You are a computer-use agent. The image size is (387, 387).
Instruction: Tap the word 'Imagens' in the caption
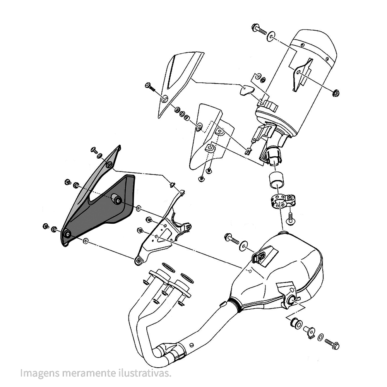coord(40,373)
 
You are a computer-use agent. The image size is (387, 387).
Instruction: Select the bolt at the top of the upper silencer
coord(259,29)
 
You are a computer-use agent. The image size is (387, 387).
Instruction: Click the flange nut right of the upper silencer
coord(336,93)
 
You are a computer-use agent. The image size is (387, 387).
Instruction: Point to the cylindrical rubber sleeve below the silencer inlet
coord(276,181)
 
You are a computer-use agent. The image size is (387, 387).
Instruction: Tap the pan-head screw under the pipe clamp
coord(290,219)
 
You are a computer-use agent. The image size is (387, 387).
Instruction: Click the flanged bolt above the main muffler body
coord(232,239)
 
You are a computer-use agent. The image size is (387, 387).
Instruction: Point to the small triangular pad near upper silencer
coord(247,90)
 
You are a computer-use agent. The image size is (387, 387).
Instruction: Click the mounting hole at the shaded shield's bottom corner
coord(67,234)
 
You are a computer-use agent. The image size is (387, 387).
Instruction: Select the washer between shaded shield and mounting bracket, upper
coord(138,208)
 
